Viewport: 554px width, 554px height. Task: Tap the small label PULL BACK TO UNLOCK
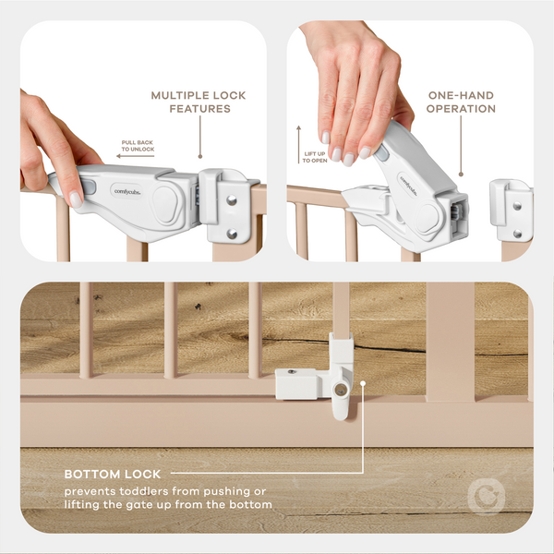click(138, 145)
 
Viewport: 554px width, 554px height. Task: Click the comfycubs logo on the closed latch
click(127, 189)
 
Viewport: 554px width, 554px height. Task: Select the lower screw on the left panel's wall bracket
click(232, 233)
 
